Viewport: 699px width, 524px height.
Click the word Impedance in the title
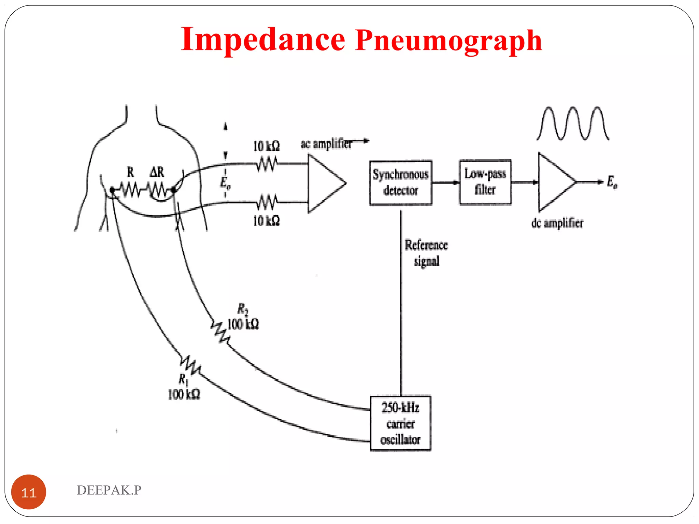tap(263, 40)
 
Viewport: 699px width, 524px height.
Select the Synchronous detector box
tap(400, 183)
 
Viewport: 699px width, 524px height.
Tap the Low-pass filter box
tap(485, 182)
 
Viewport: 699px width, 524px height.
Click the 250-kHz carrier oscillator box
tap(400, 423)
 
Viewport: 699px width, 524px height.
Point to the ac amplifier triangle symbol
tap(324, 184)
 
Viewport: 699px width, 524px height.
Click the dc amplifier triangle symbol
tap(555, 182)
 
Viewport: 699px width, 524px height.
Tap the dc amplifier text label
tap(557, 223)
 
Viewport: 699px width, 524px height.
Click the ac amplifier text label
tap(326, 144)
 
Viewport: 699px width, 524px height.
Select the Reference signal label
tap(426, 253)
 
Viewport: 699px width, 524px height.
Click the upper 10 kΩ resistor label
tap(266, 146)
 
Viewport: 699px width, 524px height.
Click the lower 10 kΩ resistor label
tap(266, 221)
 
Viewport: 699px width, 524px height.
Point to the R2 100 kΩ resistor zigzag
tap(220, 332)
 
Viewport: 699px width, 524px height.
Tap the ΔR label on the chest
tap(157, 172)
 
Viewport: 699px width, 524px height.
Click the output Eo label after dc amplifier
tap(612, 182)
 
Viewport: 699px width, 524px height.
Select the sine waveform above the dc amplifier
tap(573, 123)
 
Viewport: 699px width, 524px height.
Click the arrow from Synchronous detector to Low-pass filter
tap(445, 183)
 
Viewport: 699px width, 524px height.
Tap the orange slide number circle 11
tap(29, 492)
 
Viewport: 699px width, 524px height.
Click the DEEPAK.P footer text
tap(109, 490)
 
